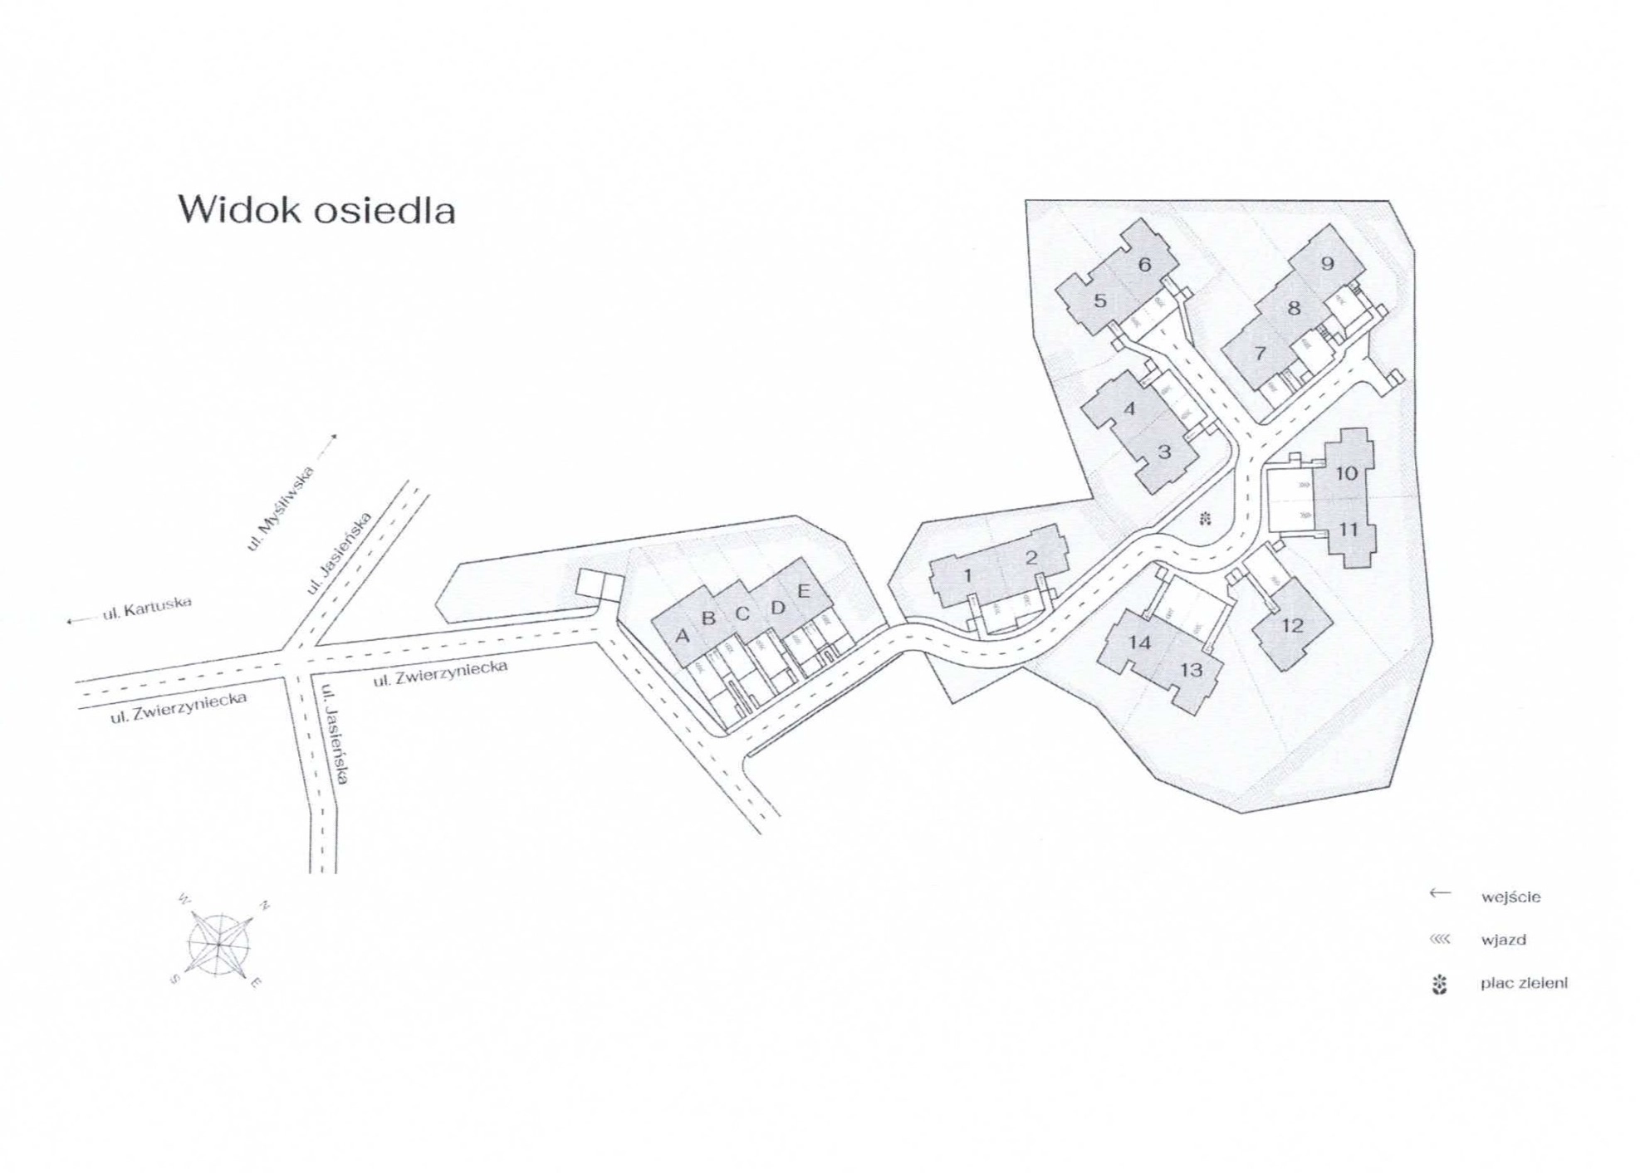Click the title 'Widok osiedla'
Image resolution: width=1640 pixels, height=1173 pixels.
[x=317, y=210]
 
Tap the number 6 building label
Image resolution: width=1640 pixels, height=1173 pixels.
[x=1144, y=265]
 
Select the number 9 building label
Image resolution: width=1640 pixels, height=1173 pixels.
[x=1327, y=263]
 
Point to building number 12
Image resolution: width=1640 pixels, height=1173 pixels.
[x=1292, y=625]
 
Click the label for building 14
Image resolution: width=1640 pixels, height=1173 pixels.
[x=1139, y=642]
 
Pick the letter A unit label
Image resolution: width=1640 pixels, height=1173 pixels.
[x=683, y=636]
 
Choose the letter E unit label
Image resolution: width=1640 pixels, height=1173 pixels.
[x=803, y=592]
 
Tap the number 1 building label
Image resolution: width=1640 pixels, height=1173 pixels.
[x=967, y=575]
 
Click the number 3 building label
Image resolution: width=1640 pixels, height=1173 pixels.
[x=1164, y=452]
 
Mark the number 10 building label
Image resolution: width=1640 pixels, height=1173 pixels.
[x=1346, y=473]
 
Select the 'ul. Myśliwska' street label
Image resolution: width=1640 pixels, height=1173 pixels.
[x=281, y=510]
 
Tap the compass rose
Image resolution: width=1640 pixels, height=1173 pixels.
[x=219, y=943]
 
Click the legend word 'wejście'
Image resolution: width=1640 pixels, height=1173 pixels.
[x=1510, y=897]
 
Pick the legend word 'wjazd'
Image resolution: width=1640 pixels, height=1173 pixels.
[x=1503, y=941]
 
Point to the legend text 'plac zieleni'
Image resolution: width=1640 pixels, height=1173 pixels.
[x=1524, y=984]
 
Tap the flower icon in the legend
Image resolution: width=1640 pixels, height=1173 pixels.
[x=1440, y=985]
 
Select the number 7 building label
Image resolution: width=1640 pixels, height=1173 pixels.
[x=1260, y=354]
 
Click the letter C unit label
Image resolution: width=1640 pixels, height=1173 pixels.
[x=742, y=614]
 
